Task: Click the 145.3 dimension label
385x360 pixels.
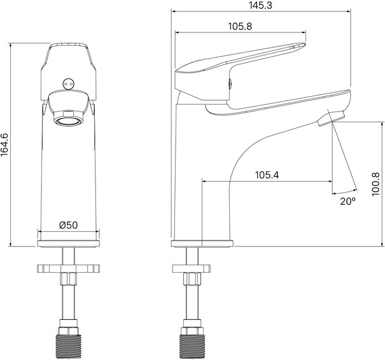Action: click(260, 5)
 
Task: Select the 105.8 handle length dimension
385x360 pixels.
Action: click(240, 26)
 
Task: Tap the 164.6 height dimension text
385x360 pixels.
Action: click(4, 145)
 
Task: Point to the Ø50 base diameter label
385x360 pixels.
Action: click(69, 225)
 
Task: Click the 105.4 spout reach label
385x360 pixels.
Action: click(267, 175)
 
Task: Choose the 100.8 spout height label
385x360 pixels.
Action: click(375, 184)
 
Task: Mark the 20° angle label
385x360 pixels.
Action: click(347, 201)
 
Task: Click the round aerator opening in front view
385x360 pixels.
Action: click(68, 121)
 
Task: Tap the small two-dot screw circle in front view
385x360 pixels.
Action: click(68, 84)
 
